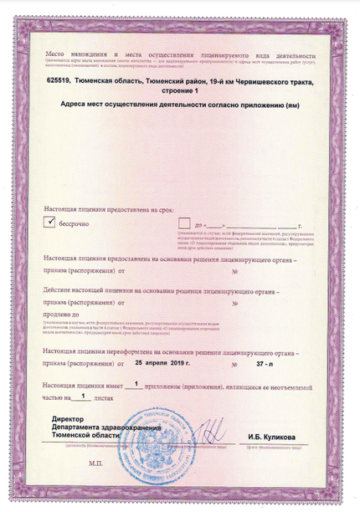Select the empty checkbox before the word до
pyautogui.click(x=184, y=222)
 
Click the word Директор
pyautogui.click(x=68, y=417)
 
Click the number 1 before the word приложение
pyautogui.click(x=135, y=383)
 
